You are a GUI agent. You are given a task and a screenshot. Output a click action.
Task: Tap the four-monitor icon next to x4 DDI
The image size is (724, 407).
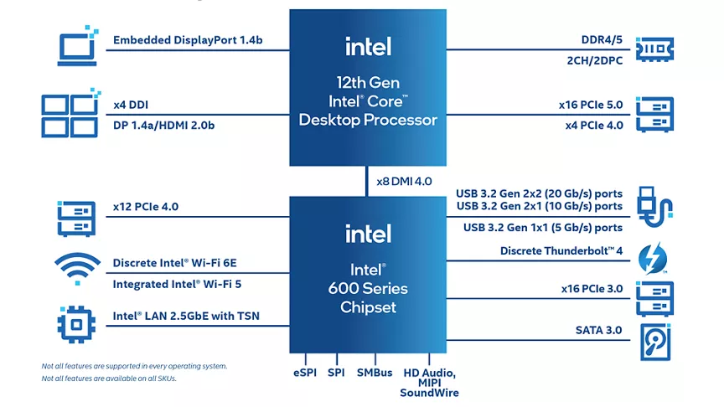point(70,114)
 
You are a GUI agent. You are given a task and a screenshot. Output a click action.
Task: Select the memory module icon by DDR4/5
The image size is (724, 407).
point(654,49)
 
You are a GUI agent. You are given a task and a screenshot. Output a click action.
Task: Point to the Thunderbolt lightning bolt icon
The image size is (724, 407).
point(653,259)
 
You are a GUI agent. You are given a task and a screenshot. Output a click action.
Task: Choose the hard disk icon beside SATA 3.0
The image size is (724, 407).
point(655,342)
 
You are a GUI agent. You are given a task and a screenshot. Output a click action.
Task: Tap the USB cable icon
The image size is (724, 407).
point(654,207)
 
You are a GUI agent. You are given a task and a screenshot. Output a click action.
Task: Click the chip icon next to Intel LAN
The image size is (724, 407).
point(76,324)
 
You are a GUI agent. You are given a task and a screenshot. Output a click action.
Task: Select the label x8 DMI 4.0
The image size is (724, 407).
point(404,182)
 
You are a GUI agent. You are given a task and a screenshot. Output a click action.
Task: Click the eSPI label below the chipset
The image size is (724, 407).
point(305,373)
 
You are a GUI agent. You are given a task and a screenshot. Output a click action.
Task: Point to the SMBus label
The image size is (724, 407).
point(375,373)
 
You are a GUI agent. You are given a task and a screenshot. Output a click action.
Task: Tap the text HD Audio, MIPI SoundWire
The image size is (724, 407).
point(429,383)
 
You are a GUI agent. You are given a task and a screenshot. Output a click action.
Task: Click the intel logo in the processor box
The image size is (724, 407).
point(369,47)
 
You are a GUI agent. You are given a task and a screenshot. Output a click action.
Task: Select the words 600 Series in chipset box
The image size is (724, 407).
point(368,288)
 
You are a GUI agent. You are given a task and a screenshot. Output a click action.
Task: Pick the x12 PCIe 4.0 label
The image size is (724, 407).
point(146,207)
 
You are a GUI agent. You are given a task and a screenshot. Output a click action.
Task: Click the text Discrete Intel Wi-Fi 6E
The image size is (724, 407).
point(174,263)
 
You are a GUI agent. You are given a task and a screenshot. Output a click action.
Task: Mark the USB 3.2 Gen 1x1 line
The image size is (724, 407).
point(543,228)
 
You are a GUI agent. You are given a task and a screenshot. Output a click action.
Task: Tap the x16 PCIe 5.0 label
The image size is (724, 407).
point(591,105)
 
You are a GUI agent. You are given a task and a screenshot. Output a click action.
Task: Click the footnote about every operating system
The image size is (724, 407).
point(134,366)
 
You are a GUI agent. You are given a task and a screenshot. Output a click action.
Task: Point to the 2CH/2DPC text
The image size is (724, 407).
point(595,60)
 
